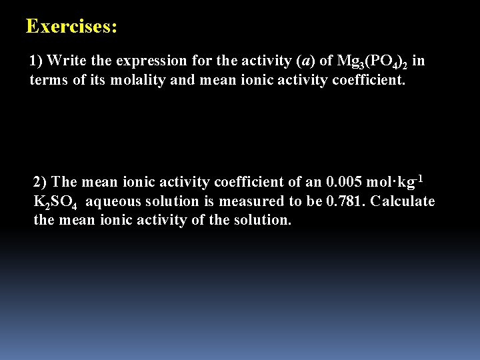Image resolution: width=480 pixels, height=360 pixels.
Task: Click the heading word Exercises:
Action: click(x=71, y=27)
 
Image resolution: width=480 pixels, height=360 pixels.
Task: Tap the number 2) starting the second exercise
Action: click(x=41, y=182)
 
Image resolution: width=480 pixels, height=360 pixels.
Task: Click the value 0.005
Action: click(x=345, y=182)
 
